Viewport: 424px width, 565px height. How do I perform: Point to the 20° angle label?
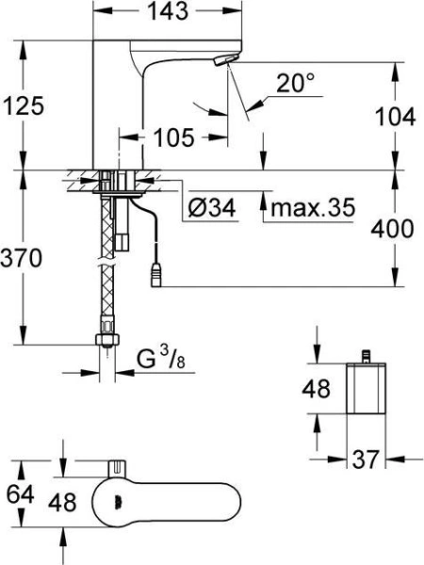tap(297, 84)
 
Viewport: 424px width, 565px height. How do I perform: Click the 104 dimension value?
tap(396, 117)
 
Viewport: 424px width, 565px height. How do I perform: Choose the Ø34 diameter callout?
tap(209, 206)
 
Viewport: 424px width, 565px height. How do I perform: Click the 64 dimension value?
tap(18, 492)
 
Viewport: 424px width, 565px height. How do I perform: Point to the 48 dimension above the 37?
tap(318, 387)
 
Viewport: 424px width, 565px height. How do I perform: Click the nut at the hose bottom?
tap(108, 339)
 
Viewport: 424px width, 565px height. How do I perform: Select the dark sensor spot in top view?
tap(115, 501)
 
